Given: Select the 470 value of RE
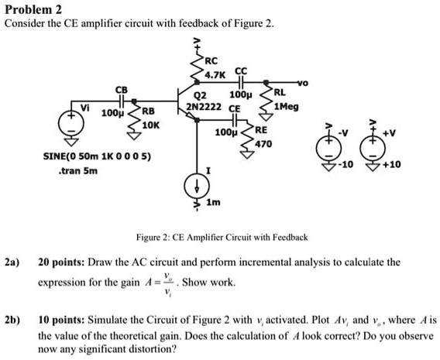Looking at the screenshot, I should click(263, 143).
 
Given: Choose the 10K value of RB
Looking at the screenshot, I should click(150, 124).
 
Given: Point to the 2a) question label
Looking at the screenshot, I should click(12, 262).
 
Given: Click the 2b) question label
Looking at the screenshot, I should click(12, 319).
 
